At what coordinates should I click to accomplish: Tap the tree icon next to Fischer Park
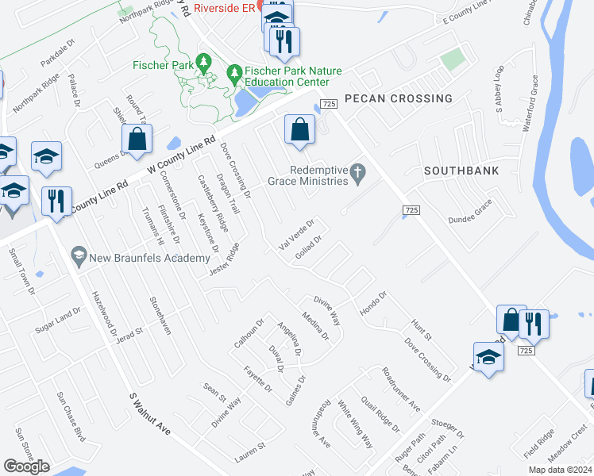pos(204,61)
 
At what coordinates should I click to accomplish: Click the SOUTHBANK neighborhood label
pos(461,171)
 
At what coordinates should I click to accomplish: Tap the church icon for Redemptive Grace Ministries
pos(358,171)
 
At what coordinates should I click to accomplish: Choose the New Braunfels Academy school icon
pos(79,255)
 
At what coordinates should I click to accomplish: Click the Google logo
pos(26,466)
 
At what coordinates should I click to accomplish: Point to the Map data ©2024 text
pos(560,470)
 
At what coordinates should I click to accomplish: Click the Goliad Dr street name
pos(307,249)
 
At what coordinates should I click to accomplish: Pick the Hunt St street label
pos(419,329)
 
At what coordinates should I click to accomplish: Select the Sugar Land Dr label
pos(53,322)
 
